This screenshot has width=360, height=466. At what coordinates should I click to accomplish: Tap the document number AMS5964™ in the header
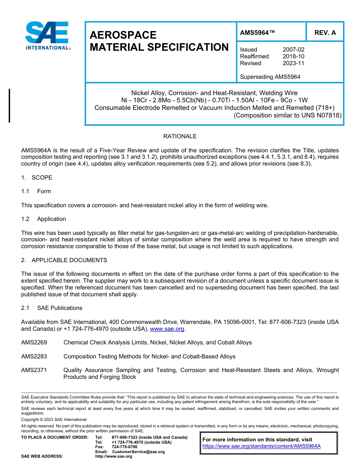click(x=257, y=33)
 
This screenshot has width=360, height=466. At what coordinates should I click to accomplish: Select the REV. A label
click(x=325, y=33)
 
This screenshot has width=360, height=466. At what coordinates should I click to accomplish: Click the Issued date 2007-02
click(x=293, y=50)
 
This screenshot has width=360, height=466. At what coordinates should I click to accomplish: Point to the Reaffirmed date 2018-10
click(x=293, y=56)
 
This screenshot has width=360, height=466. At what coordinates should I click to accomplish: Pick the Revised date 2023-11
click(x=293, y=63)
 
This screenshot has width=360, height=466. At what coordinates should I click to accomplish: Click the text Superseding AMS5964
click(x=270, y=77)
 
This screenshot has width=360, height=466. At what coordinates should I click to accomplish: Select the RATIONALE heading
click(x=180, y=136)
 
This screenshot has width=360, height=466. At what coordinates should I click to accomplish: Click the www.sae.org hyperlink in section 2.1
click(x=167, y=329)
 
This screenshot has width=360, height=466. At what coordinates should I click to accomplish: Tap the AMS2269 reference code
click(x=34, y=342)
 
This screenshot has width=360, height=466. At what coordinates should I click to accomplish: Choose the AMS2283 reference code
click(x=34, y=357)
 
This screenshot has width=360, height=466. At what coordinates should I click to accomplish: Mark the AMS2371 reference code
click(x=34, y=370)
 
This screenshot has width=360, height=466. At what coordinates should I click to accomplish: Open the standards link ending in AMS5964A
click(x=261, y=446)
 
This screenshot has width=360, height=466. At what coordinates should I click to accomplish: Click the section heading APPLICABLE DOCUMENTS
click(x=69, y=260)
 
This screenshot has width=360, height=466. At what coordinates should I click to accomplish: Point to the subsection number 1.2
click(x=25, y=219)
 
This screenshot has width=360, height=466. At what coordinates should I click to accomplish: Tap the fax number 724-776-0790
click(x=125, y=447)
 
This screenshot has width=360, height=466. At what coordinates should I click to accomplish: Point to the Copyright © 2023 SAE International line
click(x=54, y=419)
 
